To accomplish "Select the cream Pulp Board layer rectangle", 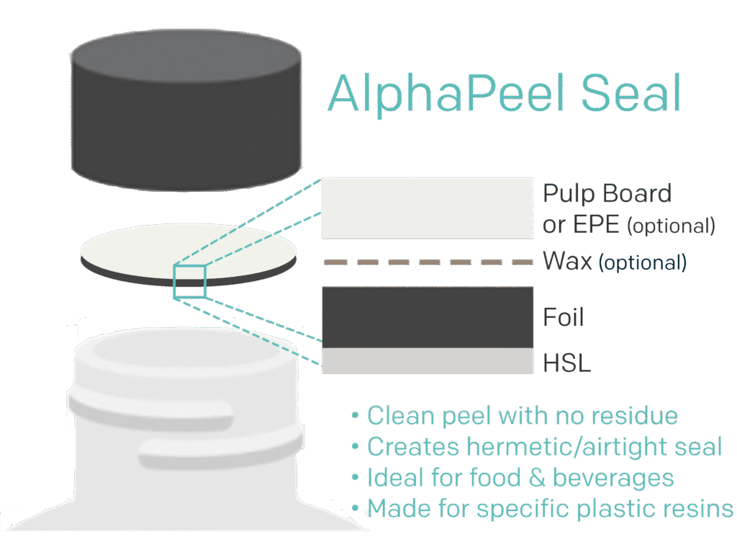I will click(428, 208).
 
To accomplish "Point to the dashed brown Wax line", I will click(428, 262).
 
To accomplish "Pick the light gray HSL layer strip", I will click(428, 361).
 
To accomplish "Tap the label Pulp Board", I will click(607, 194).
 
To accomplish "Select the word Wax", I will click(568, 261).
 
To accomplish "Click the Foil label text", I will click(564, 318).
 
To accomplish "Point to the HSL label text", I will click(566, 363).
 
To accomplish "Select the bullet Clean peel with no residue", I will click(523, 416).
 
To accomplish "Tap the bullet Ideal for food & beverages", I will click(520, 477).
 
